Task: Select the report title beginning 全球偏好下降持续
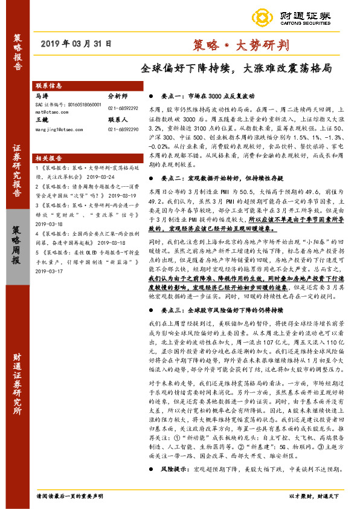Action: coord(236,69)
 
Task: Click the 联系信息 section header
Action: coord(50,86)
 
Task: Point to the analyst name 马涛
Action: coord(42,96)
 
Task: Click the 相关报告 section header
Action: coord(50,156)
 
